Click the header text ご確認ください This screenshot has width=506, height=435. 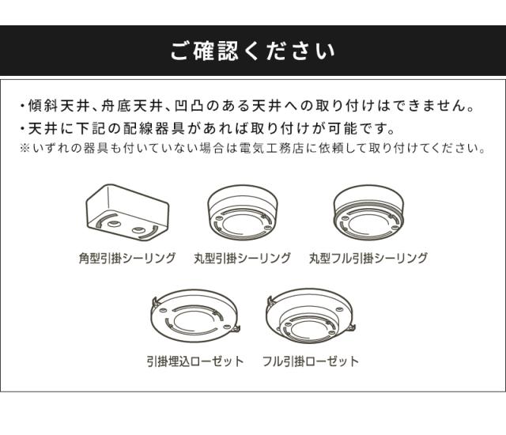[x=253, y=51]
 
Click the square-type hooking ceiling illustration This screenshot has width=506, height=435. [x=127, y=213]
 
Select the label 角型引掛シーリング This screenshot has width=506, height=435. [x=127, y=258]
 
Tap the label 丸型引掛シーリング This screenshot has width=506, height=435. [x=242, y=258]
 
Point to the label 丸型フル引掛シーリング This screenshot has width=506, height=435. [x=368, y=258]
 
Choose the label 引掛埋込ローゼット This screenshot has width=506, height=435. [x=195, y=361]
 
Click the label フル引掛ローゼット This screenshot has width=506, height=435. [x=311, y=361]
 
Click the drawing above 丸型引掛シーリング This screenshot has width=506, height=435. [x=243, y=212]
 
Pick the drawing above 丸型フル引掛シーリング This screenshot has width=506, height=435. [x=368, y=212]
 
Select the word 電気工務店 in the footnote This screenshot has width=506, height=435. [x=271, y=148]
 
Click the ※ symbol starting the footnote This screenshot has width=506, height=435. [x=25, y=149]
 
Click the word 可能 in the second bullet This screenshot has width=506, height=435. [x=342, y=129]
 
